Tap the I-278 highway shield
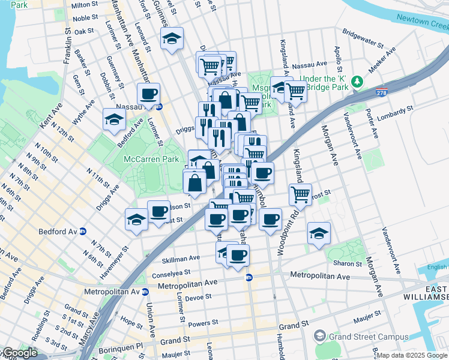coord(382,93)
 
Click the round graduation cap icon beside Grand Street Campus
coord(320,337)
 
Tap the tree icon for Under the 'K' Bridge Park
coord(358,81)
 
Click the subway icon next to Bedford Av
coord(83,231)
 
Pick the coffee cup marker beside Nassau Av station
coord(148,94)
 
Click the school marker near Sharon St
coord(319,233)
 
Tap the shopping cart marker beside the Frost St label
coord(300,193)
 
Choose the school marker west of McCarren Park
coord(114,119)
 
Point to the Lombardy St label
coord(397,110)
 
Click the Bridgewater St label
coord(363,38)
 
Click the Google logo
coord(19,353)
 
